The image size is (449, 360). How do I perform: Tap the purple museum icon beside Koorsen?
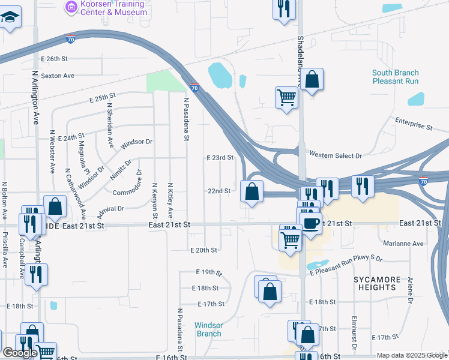pos(71,7)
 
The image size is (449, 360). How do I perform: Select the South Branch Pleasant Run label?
pos(395,77)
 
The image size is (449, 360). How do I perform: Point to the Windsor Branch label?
pos(209,329)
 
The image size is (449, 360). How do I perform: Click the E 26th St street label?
pos(56,59)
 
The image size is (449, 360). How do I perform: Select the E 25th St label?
pos(102,97)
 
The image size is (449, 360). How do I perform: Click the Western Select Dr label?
pos(336,155)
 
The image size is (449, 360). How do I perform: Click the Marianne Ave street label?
pos(403,244)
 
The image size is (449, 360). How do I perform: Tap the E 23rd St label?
pos(219,158)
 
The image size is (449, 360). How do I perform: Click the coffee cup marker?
pos(310,223)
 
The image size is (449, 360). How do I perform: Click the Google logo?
pos(20,353)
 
